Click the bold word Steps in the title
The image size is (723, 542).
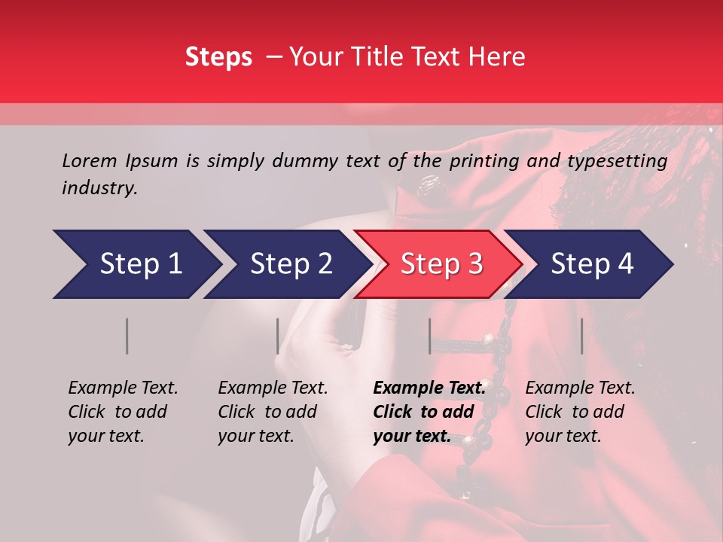218,57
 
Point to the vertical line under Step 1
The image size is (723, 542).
127,336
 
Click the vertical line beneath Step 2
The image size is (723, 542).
278,336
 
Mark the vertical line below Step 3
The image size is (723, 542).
429,336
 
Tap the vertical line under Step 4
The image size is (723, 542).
581,336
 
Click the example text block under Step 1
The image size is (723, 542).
123,412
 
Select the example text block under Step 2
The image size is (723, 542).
273,412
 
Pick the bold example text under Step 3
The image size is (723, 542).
429,412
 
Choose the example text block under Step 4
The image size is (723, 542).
580,412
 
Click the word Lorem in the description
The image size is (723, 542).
90,160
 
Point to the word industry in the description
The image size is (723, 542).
99,188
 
